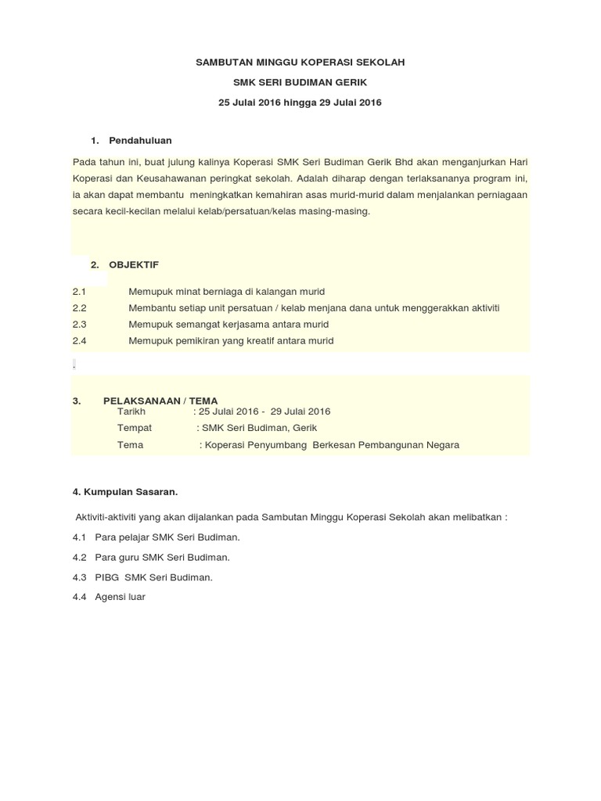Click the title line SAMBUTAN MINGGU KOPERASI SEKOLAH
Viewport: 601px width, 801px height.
coord(300,61)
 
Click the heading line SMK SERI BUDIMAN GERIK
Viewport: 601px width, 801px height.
coord(300,81)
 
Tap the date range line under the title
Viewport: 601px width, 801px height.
coord(300,102)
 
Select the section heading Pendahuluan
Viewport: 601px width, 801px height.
coord(140,140)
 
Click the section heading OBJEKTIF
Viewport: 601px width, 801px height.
coord(134,265)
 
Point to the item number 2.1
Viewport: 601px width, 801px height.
coord(78,291)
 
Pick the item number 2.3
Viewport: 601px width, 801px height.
coord(78,324)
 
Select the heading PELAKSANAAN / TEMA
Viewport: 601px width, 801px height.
coord(160,400)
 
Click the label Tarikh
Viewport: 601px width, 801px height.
coord(131,411)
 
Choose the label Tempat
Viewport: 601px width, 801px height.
coord(135,428)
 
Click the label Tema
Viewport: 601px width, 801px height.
coord(130,444)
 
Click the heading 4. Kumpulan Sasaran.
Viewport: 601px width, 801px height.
coord(125,492)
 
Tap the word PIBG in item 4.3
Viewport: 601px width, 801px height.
coord(106,577)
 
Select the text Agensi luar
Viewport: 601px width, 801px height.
coord(120,597)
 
